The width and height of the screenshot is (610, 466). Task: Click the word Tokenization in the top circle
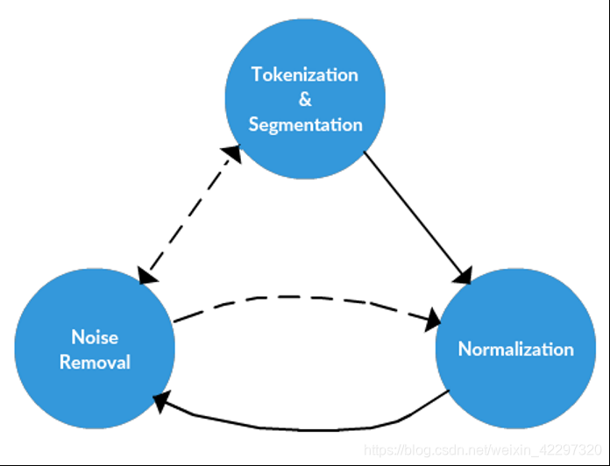click(x=305, y=74)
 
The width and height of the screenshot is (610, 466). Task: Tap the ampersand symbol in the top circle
click(x=305, y=99)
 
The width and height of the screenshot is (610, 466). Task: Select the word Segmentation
click(x=305, y=124)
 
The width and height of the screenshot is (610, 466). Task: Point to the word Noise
click(x=95, y=337)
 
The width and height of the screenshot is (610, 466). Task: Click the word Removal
click(x=95, y=361)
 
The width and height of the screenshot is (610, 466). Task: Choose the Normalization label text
click(x=515, y=349)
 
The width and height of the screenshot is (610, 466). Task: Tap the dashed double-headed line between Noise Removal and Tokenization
click(x=188, y=215)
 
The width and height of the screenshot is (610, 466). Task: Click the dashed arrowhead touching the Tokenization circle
click(x=232, y=155)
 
